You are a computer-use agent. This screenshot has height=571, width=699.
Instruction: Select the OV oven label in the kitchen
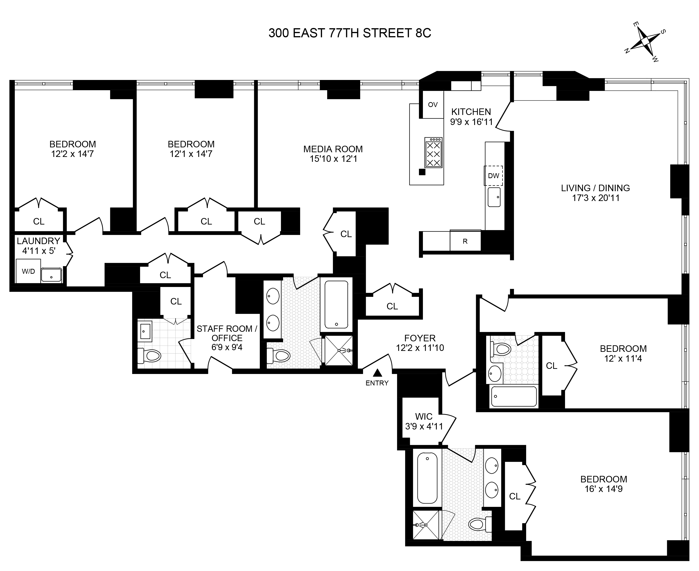pos(433,105)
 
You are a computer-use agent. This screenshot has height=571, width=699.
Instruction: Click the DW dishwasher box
pos(493,176)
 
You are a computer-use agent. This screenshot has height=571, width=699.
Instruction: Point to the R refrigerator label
pos(465,241)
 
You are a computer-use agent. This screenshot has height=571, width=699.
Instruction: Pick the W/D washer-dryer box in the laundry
pos(28,271)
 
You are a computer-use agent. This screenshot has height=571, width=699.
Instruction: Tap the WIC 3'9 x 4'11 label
pos(424,421)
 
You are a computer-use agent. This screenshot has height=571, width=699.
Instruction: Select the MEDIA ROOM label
pos(333,149)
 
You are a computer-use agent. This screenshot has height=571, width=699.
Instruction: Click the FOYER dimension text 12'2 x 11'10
pos(420,348)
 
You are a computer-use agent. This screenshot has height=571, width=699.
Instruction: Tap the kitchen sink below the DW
pos(494,197)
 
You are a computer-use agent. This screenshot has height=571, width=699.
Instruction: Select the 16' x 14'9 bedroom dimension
pos(603,489)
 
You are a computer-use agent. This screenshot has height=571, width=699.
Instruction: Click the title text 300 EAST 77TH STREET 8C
pos(350,33)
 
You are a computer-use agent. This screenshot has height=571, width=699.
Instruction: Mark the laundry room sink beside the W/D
pos(51,275)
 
